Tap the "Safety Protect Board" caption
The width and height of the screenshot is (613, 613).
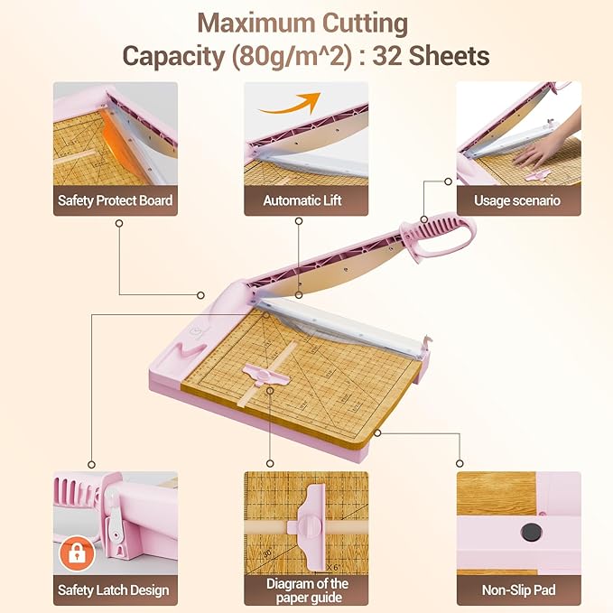115,200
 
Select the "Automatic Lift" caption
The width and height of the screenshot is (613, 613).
306,200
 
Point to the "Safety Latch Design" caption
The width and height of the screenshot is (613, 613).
115,590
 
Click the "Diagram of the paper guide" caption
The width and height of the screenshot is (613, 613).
306,590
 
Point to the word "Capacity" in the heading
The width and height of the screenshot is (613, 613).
172,56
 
